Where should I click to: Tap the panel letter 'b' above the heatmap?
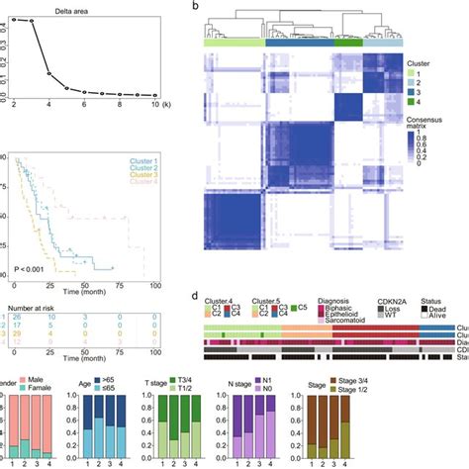[203, 7]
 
